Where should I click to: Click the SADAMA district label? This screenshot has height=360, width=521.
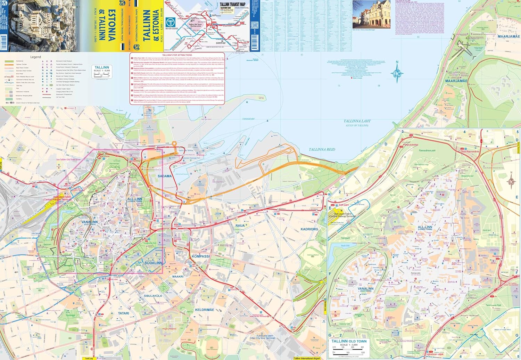click(x=165, y=176)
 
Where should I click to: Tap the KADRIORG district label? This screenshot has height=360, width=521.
click(x=309, y=229)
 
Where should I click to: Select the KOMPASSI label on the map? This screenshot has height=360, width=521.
click(x=201, y=256)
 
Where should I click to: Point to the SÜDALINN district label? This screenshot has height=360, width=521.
click(x=154, y=263)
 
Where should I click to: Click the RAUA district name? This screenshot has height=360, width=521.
click(x=240, y=226)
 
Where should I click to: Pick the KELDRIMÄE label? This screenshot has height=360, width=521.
click(x=205, y=310)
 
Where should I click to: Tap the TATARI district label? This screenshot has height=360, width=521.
click(x=124, y=313)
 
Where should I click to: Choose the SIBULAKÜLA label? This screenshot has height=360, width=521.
click(x=153, y=296)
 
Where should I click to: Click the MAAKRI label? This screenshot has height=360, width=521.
click(x=178, y=277)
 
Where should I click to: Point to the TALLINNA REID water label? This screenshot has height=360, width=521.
click(x=322, y=149)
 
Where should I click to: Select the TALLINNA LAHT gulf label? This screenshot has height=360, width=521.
click(x=357, y=121)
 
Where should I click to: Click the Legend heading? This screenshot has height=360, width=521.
click(x=35, y=57)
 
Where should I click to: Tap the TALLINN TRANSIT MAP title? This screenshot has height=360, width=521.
click(x=232, y=5)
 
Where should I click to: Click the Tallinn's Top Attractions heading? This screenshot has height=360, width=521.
click(x=177, y=55)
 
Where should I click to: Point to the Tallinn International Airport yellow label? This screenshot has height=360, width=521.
click(x=307, y=358)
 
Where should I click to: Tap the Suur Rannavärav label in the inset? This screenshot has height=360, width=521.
click(x=470, y=152)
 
